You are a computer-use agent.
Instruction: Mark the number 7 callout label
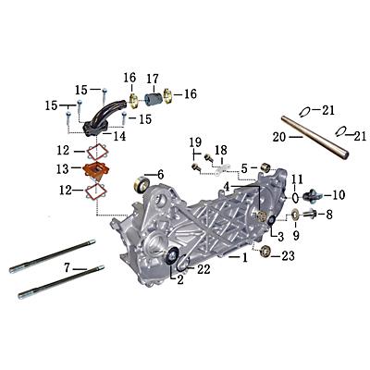(x=67, y=267)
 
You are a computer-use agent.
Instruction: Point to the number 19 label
(x=195, y=142)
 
